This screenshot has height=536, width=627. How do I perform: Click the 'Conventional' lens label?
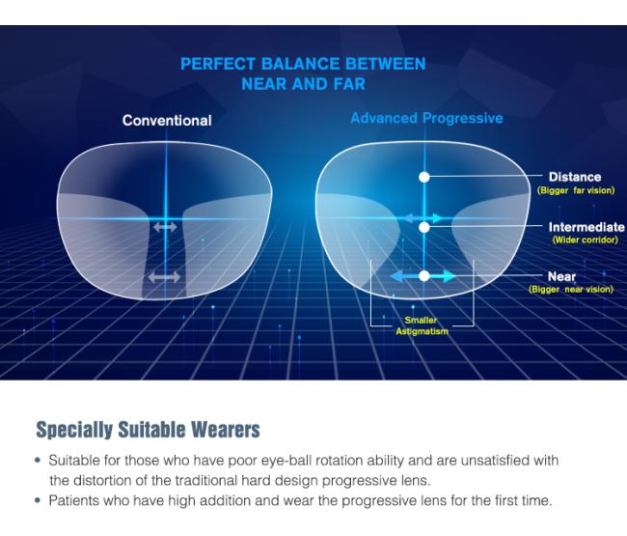(x=167, y=121)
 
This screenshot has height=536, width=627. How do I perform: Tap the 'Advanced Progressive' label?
(x=426, y=118)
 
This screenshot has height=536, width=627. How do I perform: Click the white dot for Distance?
(x=424, y=177)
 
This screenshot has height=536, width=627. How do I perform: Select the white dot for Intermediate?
(x=424, y=227)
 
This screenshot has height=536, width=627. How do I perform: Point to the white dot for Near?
(x=424, y=276)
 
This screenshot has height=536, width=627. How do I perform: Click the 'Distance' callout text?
(x=575, y=177)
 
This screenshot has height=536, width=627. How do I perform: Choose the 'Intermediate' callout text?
(x=586, y=227)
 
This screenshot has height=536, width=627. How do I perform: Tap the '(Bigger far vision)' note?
(x=576, y=190)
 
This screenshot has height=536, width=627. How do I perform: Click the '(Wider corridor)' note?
(x=585, y=240)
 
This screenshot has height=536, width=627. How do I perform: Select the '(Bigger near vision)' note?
(x=571, y=289)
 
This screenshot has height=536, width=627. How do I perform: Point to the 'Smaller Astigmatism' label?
(x=422, y=325)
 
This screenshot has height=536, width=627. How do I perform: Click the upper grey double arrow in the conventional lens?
(x=165, y=227)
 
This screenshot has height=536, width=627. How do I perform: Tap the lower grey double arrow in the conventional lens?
(x=164, y=276)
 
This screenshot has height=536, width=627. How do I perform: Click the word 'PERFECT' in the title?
(x=218, y=64)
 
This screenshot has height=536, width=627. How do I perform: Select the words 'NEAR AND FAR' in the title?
(x=304, y=84)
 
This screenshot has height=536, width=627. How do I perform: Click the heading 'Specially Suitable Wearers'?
(x=148, y=430)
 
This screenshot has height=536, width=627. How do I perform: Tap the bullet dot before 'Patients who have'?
(x=38, y=500)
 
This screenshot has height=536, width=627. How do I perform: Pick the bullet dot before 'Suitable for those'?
(x=38, y=461)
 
